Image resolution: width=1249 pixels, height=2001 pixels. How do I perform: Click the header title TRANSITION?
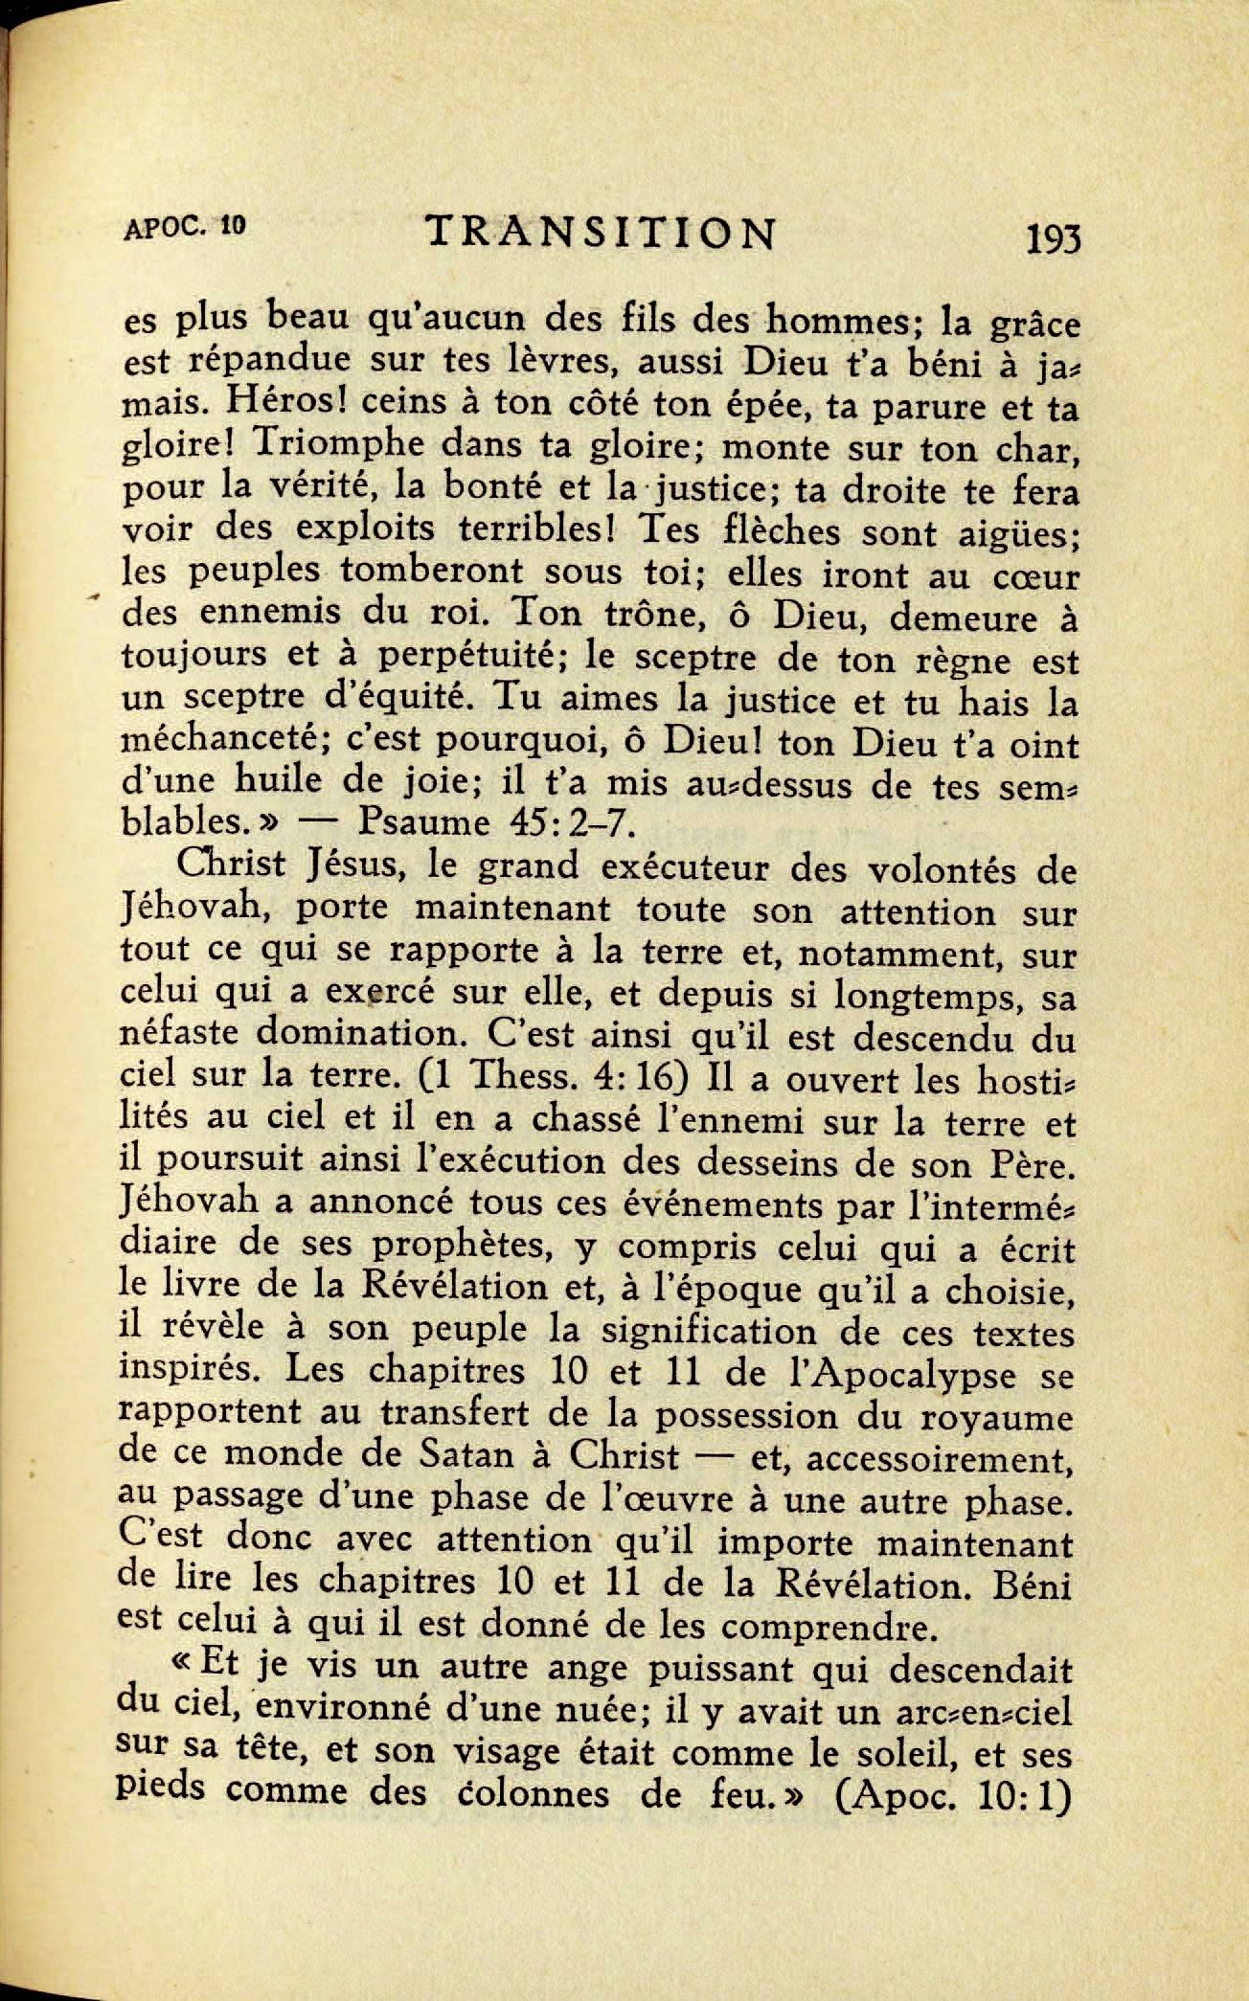pos(599,234)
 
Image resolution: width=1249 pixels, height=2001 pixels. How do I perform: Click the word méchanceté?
pos(208,742)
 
